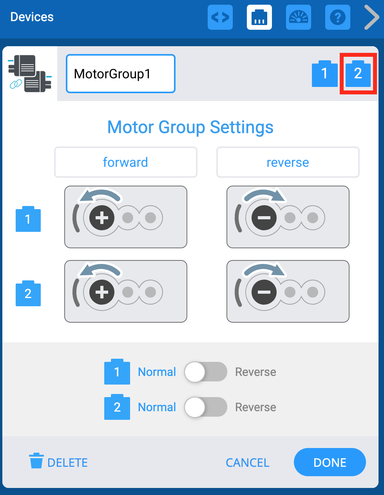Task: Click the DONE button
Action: pyautogui.click(x=330, y=462)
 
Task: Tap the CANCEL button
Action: pyautogui.click(x=247, y=462)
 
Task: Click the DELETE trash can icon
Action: pyautogui.click(x=36, y=461)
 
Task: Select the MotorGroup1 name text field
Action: pyautogui.click(x=121, y=74)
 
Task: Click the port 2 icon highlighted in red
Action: pyautogui.click(x=358, y=74)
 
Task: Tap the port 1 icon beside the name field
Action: pyautogui.click(x=324, y=74)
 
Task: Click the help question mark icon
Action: pyautogui.click(x=337, y=17)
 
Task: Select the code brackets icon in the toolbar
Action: pyautogui.click(x=220, y=17)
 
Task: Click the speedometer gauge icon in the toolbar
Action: pyautogui.click(x=299, y=17)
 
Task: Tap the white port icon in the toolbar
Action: pyautogui.click(x=259, y=17)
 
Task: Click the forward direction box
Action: pyautogui.click(x=125, y=162)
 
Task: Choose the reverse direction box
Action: pyautogui.click(x=288, y=162)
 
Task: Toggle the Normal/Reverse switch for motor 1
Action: pyautogui.click(x=206, y=372)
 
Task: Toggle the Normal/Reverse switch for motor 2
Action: pyautogui.click(x=206, y=407)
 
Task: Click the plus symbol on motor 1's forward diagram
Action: pyautogui.click(x=102, y=218)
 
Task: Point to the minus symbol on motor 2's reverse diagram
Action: pyautogui.click(x=264, y=292)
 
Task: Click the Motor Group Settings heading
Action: pyautogui.click(x=190, y=127)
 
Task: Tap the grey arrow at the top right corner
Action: pyautogui.click(x=371, y=17)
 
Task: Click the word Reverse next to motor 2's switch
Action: pyautogui.click(x=255, y=407)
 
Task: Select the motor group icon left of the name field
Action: pyautogui.click(x=30, y=74)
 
